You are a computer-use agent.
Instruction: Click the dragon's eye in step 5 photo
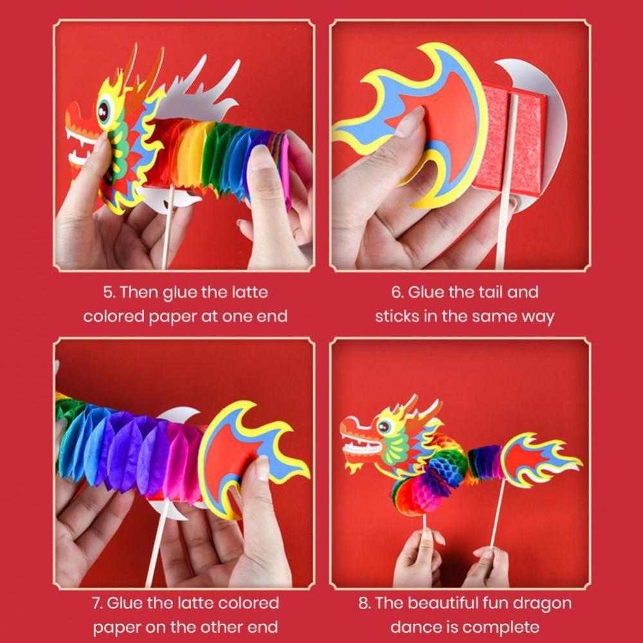(104, 111)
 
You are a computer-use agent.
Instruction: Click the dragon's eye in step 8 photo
(384, 426)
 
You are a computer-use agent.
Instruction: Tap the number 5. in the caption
(109, 293)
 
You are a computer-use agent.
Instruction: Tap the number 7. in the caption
(97, 603)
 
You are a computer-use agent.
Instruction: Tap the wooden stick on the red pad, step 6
(507, 181)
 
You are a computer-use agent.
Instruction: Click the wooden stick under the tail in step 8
(498, 513)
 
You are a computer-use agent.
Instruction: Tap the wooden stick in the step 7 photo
(158, 541)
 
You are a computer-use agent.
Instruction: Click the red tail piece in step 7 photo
(246, 455)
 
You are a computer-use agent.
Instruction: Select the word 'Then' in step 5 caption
(139, 293)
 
